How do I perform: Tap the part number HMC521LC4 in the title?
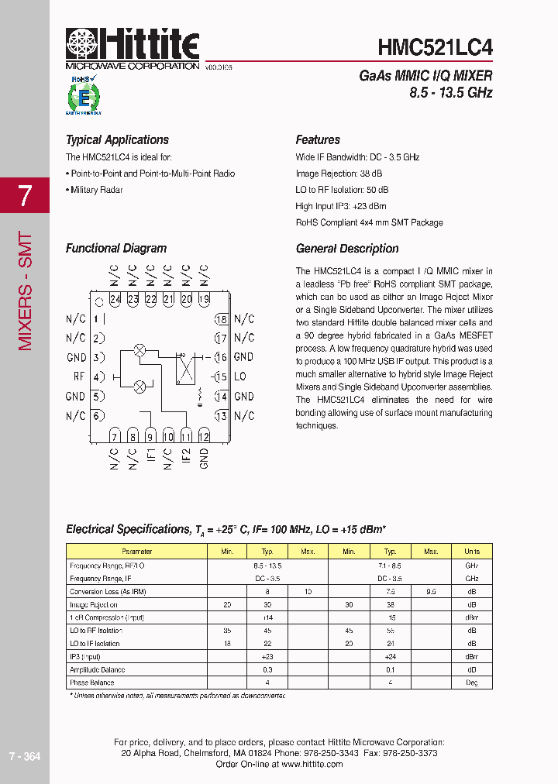coord(435,47)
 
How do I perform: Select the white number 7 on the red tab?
coord(24,195)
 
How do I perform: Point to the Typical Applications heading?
coord(117,140)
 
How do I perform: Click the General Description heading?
coord(347,249)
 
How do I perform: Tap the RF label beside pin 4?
coord(78,377)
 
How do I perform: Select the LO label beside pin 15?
coord(239,377)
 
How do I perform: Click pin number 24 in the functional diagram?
coord(115,299)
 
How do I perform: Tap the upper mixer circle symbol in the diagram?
coord(140,349)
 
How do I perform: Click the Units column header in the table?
coord(472,552)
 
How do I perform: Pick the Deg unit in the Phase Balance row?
coord(472,683)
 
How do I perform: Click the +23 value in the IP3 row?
coord(268,656)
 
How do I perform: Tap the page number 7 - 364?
coord(24,756)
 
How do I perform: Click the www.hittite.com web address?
coord(312,764)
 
